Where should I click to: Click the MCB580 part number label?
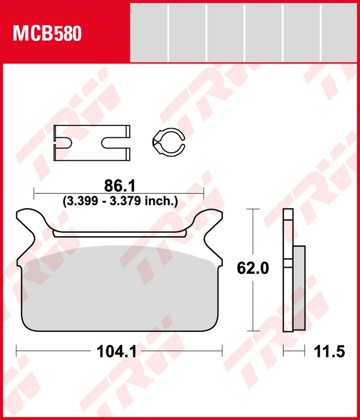47,34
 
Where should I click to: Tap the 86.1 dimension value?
120,185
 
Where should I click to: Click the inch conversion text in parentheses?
120,201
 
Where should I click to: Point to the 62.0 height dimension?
253,268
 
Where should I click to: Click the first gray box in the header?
149,31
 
